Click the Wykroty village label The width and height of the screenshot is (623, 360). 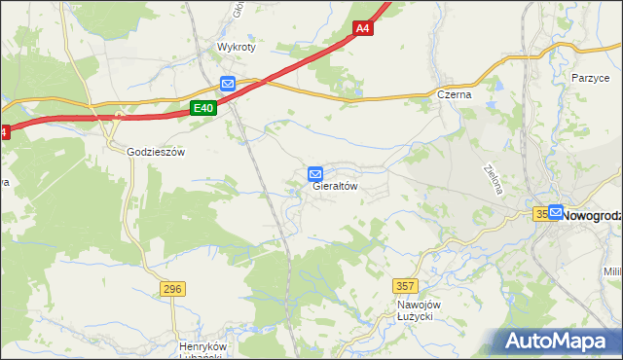click(x=235, y=47)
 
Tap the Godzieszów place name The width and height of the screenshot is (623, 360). click(x=156, y=152)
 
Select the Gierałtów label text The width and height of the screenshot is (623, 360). click(x=336, y=186)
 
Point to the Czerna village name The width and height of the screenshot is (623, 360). click(x=454, y=95)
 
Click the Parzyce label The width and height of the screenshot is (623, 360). click(x=590, y=77)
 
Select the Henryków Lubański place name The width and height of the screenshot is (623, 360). click(x=202, y=351)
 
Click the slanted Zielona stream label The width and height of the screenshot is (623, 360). click(x=493, y=178)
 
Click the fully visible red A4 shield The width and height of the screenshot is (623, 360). click(x=362, y=29)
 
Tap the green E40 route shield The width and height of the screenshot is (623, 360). click(x=202, y=108)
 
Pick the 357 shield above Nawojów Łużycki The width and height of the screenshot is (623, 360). click(x=406, y=285)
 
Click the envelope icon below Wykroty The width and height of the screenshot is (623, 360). click(x=227, y=85)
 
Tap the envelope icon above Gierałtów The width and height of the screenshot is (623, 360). click(x=315, y=173)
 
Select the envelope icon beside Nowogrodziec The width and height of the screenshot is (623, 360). click(x=555, y=211)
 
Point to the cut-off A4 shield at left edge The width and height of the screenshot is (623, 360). click(x=3, y=132)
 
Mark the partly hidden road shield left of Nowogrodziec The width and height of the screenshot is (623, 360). click(x=540, y=213)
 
